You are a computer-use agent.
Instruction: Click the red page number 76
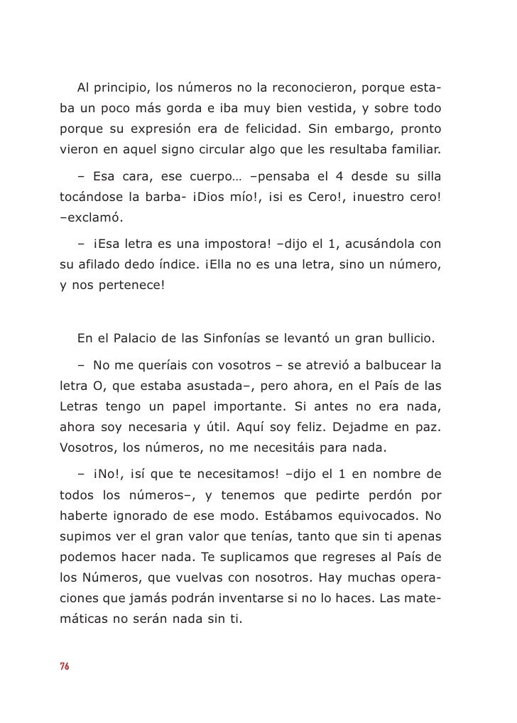click(64, 666)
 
